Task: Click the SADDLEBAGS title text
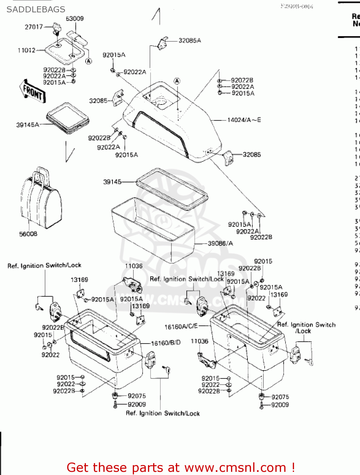click(36, 9)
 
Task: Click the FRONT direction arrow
click(33, 92)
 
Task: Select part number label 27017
click(34, 27)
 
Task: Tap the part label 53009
click(74, 19)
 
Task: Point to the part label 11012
click(27, 50)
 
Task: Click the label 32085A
click(190, 41)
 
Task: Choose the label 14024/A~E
click(244, 120)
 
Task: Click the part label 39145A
click(28, 125)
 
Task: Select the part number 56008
click(28, 234)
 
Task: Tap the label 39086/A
click(220, 244)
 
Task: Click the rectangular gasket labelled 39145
click(172, 189)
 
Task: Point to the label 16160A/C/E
click(181, 326)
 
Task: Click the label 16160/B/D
click(166, 343)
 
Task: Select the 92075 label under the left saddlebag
click(137, 396)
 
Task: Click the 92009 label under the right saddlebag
click(280, 405)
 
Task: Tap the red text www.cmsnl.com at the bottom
click(235, 467)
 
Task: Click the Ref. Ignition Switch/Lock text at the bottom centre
click(163, 413)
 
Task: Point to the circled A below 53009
click(89, 61)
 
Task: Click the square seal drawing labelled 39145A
click(68, 117)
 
